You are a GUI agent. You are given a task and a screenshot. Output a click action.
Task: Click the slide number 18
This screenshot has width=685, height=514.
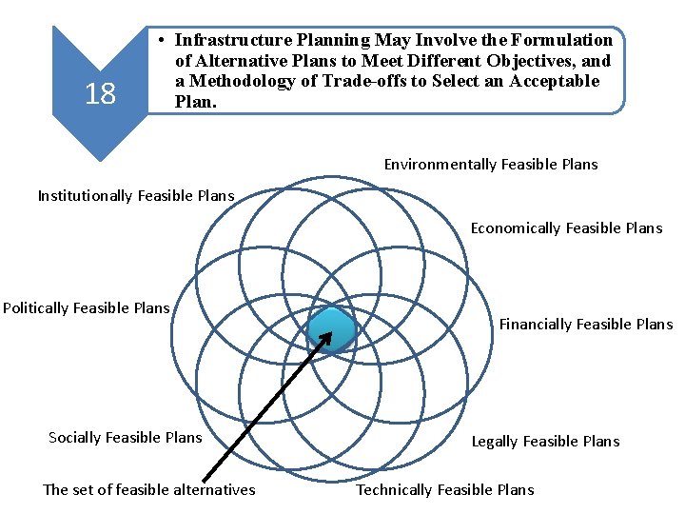click(x=100, y=94)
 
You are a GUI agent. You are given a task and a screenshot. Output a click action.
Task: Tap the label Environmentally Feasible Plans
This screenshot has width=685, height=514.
click(x=491, y=165)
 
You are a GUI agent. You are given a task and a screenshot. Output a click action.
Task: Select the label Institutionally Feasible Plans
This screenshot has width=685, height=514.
click(x=135, y=196)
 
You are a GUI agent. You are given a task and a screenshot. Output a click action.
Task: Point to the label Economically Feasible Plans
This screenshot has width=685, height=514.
click(x=566, y=228)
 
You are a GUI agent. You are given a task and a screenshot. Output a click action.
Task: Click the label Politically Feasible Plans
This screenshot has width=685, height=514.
click(x=86, y=308)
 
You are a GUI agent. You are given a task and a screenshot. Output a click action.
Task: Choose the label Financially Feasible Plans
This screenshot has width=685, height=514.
click(x=585, y=325)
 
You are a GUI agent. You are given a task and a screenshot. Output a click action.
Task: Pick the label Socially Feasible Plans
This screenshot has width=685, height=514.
click(x=125, y=438)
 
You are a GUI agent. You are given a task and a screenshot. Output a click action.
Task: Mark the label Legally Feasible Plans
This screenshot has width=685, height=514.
click(x=545, y=442)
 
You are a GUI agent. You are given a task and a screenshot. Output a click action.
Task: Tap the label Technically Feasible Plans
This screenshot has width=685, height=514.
click(x=444, y=490)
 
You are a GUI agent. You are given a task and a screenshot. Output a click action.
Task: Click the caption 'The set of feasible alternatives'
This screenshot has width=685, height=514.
click(x=149, y=490)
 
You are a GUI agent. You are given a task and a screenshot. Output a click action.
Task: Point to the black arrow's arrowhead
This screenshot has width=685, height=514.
click(x=329, y=336)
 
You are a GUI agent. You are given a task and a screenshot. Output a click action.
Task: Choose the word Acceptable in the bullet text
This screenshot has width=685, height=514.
click(x=554, y=81)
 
